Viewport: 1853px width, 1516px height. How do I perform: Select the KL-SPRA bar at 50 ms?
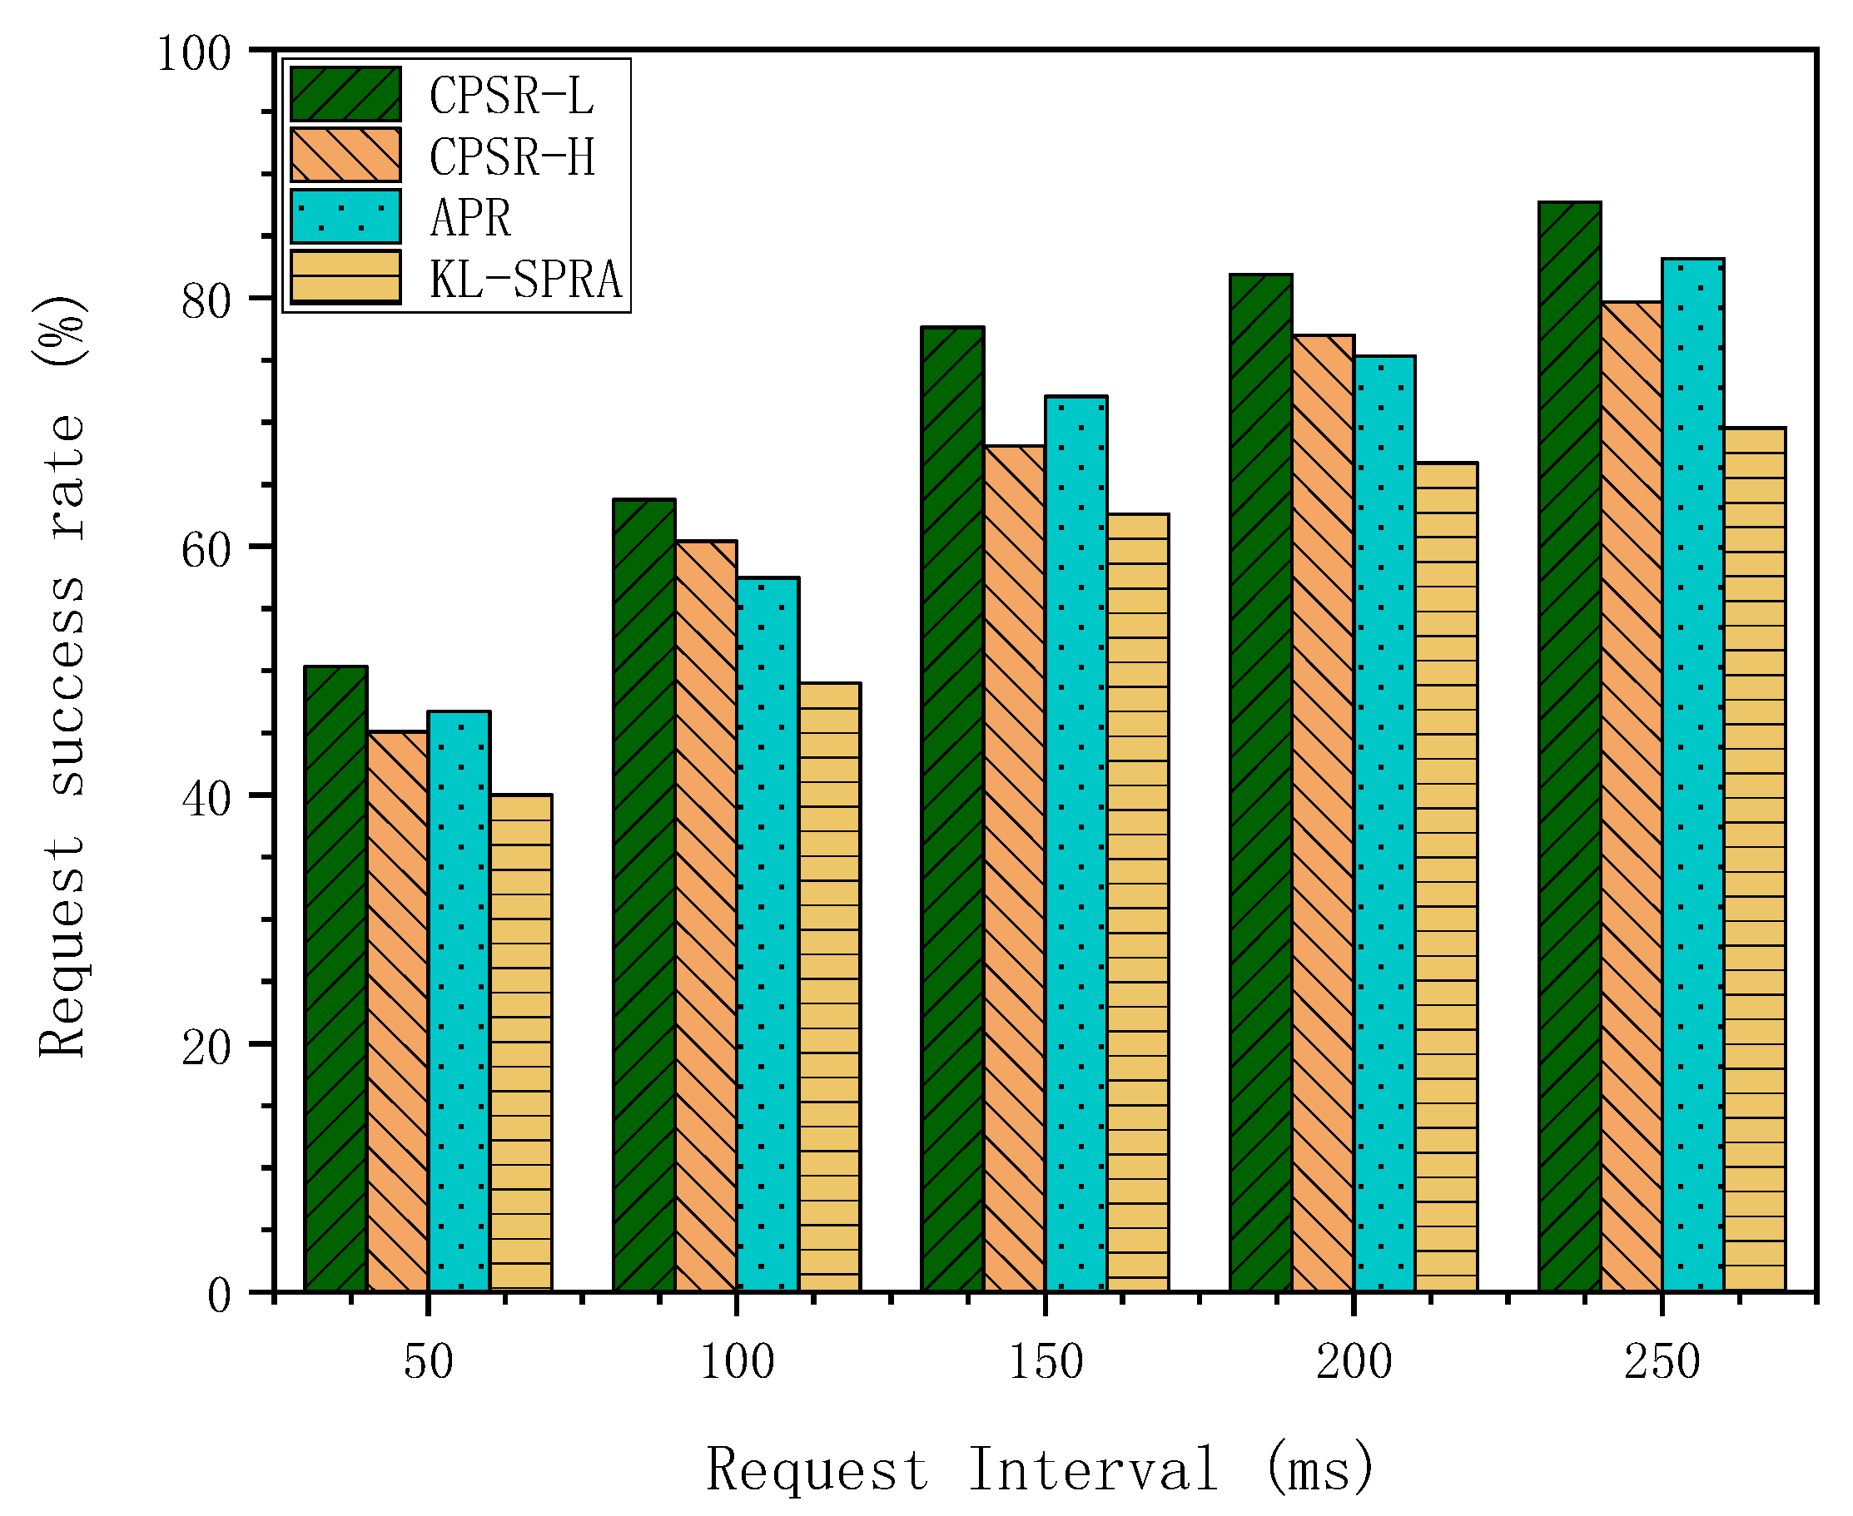pos(521,1043)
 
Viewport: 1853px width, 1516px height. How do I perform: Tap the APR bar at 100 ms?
pos(767,934)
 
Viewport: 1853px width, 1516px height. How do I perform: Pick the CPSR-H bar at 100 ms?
pos(706,916)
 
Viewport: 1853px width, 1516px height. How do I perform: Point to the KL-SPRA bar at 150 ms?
pos(1137,903)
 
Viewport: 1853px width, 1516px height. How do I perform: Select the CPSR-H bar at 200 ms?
pos(1323,813)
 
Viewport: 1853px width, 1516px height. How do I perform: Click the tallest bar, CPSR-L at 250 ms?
pos(1569,746)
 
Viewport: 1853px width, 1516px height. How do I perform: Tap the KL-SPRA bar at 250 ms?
pos(1754,860)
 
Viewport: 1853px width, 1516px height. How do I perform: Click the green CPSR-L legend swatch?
pos(346,93)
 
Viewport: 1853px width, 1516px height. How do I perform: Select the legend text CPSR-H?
pos(512,156)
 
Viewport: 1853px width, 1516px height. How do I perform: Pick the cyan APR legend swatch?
pos(346,216)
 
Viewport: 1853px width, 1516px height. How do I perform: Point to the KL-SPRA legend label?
pos(525,279)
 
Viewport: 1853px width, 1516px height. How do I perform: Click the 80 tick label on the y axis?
pos(206,301)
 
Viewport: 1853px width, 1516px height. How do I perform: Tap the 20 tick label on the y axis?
pos(206,1047)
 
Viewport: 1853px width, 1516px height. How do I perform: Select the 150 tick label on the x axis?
pos(1046,1362)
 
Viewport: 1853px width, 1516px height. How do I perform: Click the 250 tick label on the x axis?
pos(1662,1362)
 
